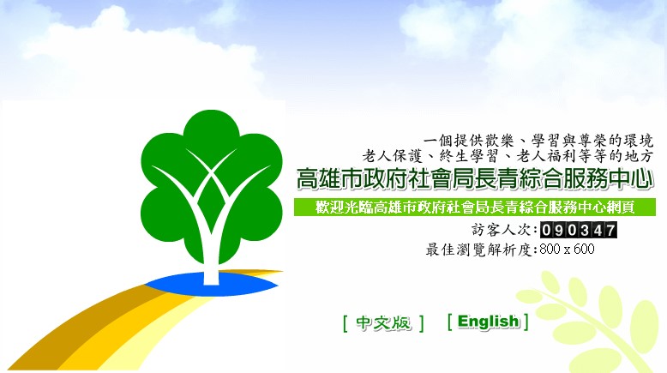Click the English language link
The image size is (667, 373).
(x=489, y=322)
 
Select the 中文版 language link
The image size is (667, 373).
(x=383, y=322)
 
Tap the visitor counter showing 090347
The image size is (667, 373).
(x=579, y=230)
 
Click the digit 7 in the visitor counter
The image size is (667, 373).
(x=610, y=230)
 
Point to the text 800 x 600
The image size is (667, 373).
(x=567, y=249)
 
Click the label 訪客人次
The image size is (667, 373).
(x=501, y=230)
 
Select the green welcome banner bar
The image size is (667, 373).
(x=475, y=208)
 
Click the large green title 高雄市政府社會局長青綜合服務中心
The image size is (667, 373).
(x=474, y=178)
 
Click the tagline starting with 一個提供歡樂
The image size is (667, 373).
(x=538, y=141)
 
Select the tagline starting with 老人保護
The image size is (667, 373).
(x=507, y=156)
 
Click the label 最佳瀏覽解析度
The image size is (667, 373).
(x=480, y=250)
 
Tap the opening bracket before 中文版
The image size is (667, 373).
(x=346, y=323)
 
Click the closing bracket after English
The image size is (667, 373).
(x=526, y=322)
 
